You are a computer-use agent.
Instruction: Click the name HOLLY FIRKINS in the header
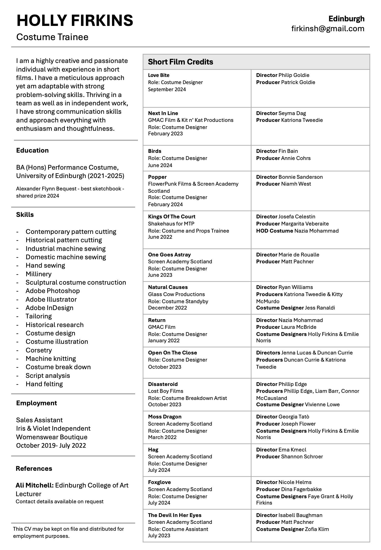75,20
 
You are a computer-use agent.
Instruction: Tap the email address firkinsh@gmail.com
328,28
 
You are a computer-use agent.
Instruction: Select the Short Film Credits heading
180,62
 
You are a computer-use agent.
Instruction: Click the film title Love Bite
158,75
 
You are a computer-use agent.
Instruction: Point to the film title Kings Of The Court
171,217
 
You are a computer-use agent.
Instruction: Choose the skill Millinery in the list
38,274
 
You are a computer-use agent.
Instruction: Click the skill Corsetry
39,350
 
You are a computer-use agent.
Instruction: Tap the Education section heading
32,150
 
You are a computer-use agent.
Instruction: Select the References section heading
34,468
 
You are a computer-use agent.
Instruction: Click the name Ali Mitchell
35,485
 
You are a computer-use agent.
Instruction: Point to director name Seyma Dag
292,113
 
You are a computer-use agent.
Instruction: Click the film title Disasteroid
163,384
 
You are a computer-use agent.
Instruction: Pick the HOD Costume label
274,231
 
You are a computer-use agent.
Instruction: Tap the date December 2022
167,308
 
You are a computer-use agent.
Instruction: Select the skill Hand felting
44,384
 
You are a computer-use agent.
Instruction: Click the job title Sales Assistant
39,420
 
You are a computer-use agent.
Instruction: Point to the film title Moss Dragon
165,417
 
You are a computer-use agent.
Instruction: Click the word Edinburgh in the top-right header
346,19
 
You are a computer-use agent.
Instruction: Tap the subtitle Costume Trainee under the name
52,37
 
